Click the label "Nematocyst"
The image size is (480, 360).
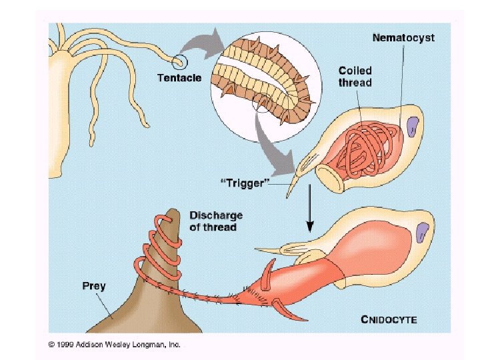(403, 38)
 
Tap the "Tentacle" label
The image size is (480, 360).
(179, 77)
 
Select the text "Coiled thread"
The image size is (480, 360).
(355, 76)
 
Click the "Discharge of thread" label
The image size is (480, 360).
(216, 221)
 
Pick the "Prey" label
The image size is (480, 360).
(94, 286)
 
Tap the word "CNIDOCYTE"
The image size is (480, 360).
(389, 319)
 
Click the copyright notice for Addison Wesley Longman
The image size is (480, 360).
(114, 345)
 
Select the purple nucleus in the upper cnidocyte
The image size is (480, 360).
(412, 127)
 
